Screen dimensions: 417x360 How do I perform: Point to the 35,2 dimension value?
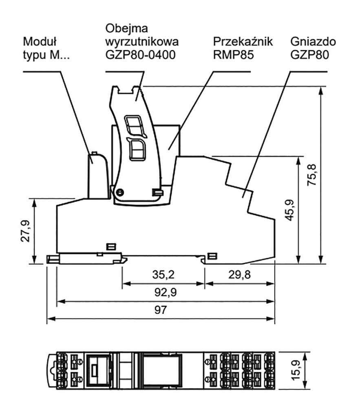coord(163,275)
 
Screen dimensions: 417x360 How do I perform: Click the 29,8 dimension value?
coord(239,275)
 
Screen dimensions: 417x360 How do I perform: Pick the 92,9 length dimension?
coord(163,292)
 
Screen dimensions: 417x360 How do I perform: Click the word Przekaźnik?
coord(243,42)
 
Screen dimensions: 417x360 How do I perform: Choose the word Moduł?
coord(40,42)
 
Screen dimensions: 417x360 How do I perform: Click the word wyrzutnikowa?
coord(142,42)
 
